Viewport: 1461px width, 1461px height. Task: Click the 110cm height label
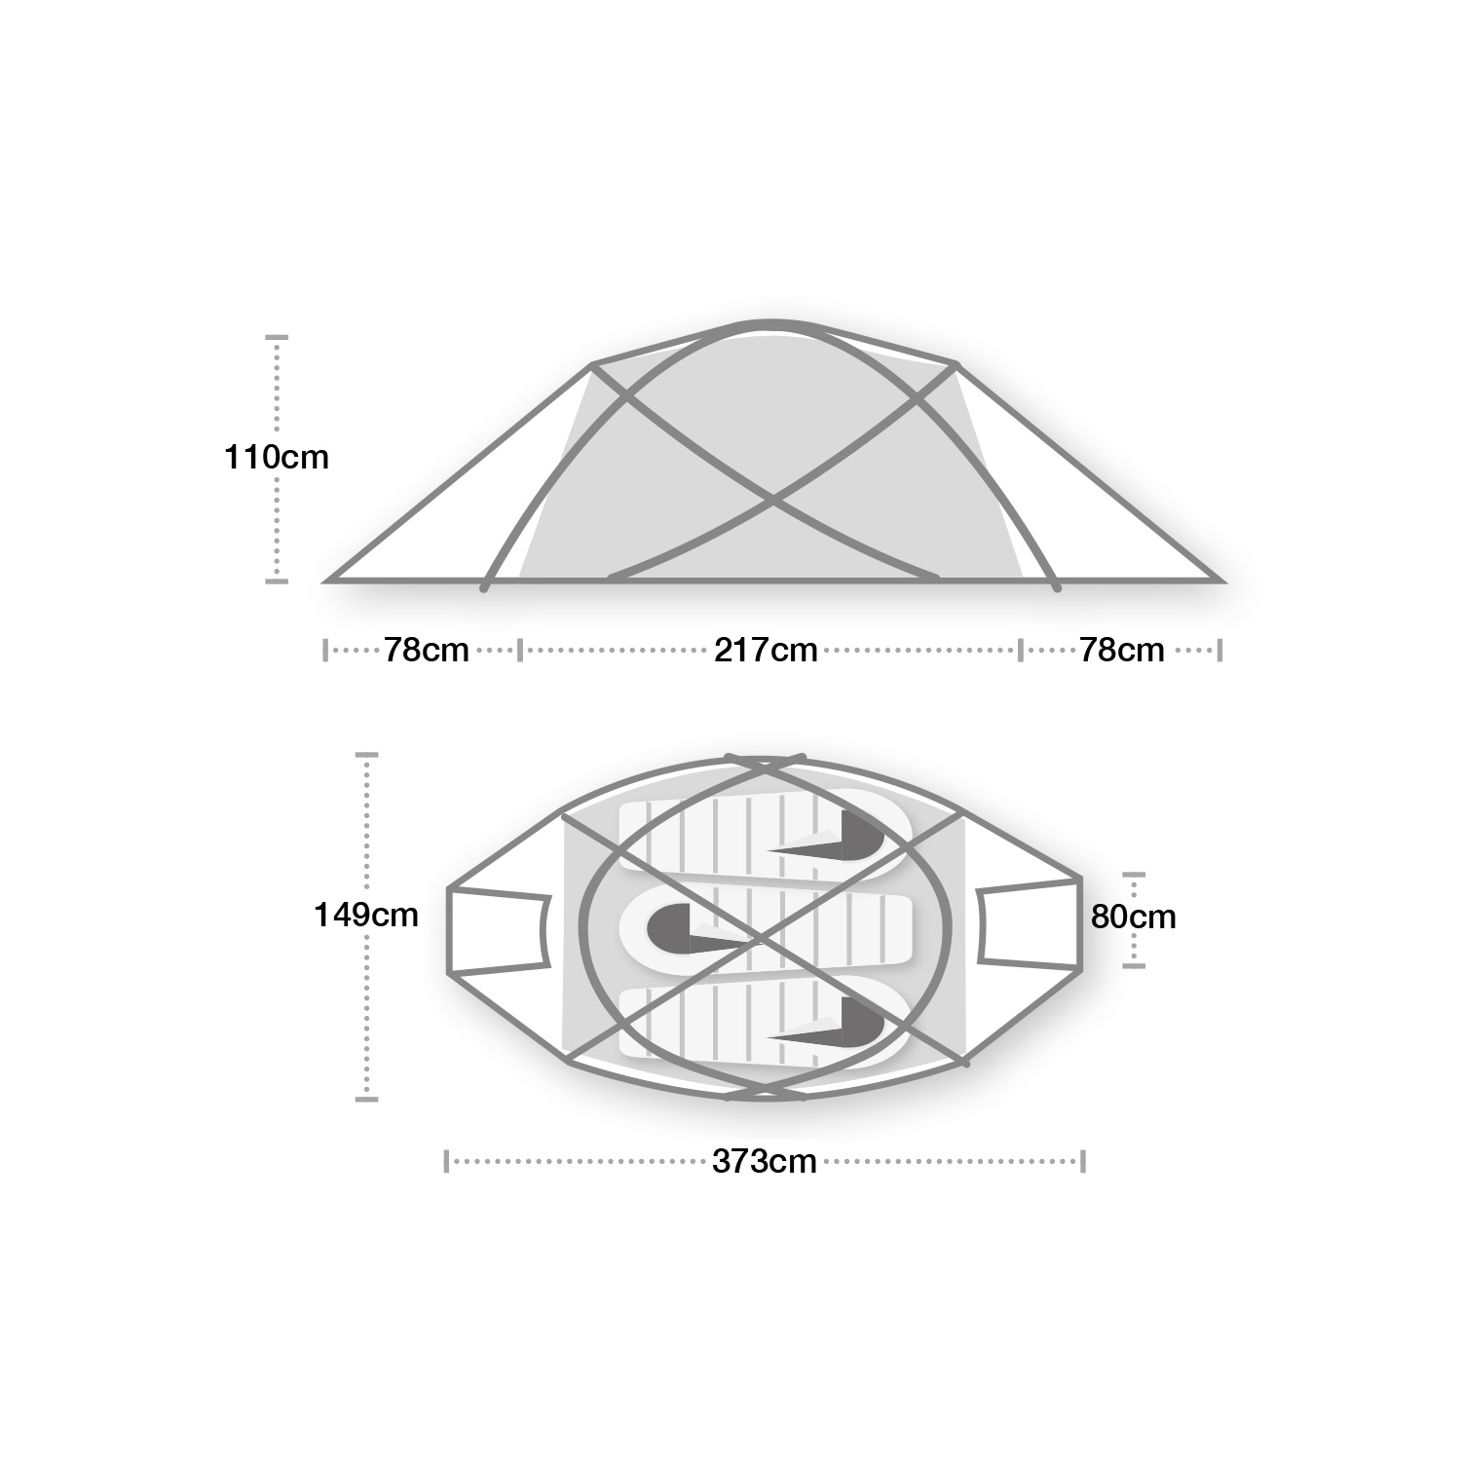[277, 457]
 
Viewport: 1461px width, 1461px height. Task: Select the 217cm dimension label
[766, 650]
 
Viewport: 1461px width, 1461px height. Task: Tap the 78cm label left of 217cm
[427, 650]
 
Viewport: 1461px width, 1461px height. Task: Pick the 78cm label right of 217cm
[1122, 650]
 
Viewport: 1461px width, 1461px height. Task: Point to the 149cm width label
[366, 915]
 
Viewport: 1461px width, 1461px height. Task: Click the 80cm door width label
[1134, 917]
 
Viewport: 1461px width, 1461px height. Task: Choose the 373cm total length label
[765, 1161]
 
